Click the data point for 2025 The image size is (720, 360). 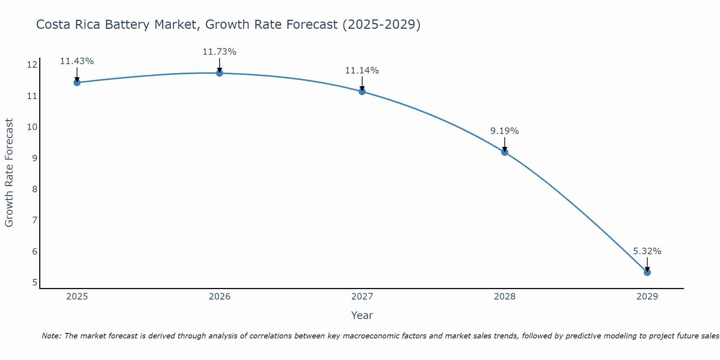[77, 82]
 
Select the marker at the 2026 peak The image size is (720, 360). [219, 73]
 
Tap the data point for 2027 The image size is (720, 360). [362, 91]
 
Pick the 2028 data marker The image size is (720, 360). [504, 152]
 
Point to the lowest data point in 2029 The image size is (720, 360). [647, 273]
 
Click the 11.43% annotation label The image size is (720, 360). [77, 61]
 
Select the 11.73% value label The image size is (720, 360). [219, 52]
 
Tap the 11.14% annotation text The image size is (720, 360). [362, 71]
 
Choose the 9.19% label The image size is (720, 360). [504, 131]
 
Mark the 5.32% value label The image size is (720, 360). [647, 251]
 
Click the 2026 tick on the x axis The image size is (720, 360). [219, 297]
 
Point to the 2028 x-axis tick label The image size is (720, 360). [504, 297]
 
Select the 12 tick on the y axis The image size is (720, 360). [32, 65]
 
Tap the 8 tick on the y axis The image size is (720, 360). [35, 189]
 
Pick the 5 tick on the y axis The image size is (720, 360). [35, 282]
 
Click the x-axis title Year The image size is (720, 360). [362, 315]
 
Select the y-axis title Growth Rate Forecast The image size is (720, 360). [9, 172]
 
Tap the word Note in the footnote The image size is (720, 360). [51, 336]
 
